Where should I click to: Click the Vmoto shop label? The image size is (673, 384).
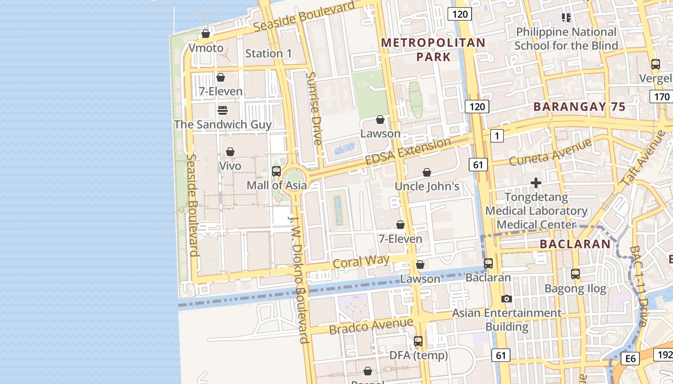click(206, 48)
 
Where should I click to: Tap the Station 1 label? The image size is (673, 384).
click(268, 53)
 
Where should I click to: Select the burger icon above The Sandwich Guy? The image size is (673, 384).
click(222, 110)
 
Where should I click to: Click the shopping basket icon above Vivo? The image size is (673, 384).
click(230, 152)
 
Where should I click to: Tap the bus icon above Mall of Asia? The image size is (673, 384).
click(276, 171)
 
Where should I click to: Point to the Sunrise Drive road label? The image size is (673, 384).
click(313, 108)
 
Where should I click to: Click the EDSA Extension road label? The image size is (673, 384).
click(408, 151)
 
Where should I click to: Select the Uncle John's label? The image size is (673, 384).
click(427, 186)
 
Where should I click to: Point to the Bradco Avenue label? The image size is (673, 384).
click(371, 326)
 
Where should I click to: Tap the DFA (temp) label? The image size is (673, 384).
click(418, 355)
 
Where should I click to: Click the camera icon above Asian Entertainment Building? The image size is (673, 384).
click(506, 299)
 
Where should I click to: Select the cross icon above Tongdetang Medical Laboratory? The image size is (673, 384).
click(536, 183)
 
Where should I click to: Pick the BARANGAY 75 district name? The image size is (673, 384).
click(580, 107)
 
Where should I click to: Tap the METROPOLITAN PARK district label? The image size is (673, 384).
click(433, 50)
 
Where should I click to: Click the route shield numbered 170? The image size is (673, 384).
click(661, 96)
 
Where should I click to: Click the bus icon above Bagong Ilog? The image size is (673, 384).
click(575, 274)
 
